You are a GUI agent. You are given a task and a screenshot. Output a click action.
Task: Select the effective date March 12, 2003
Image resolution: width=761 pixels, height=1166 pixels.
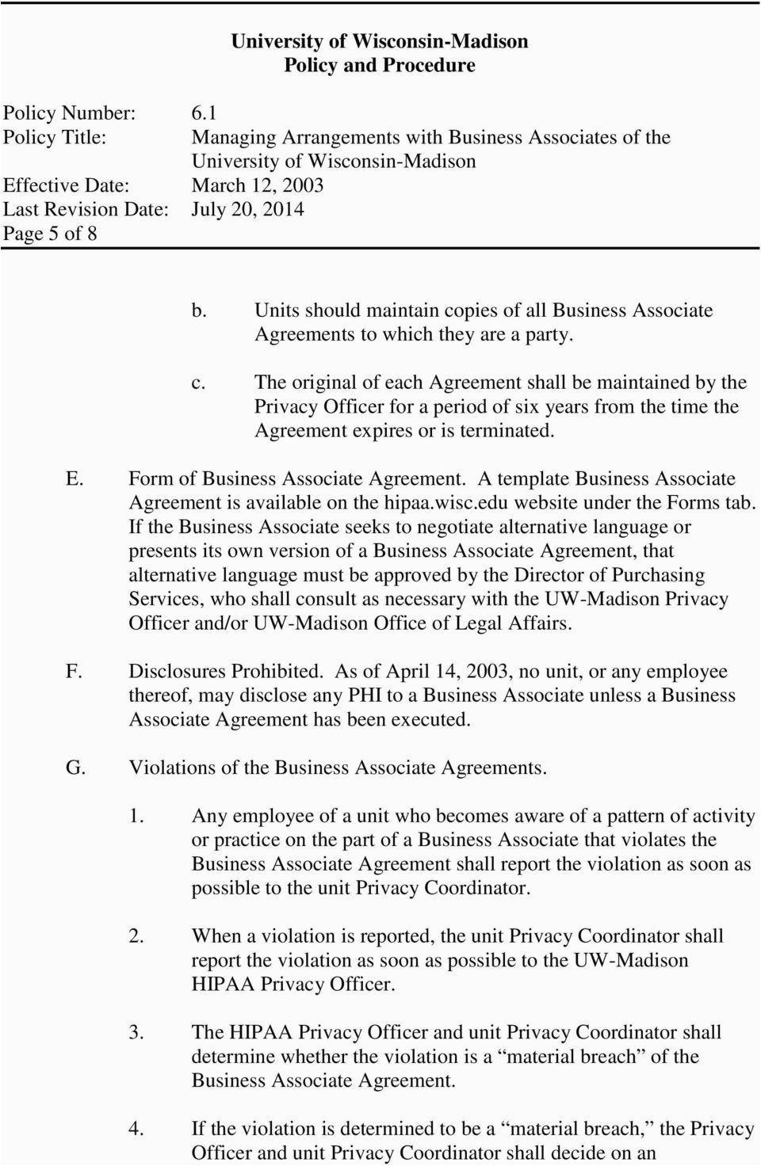(x=258, y=185)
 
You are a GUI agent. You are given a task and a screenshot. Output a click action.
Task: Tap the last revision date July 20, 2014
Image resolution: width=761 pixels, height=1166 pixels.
(x=248, y=209)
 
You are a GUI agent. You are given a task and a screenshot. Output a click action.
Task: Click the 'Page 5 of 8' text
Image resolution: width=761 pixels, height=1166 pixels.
(x=50, y=234)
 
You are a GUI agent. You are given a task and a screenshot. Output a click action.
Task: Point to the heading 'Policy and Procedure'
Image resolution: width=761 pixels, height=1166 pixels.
(x=380, y=65)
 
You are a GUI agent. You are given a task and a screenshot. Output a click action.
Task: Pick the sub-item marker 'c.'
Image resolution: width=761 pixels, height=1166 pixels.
(x=199, y=383)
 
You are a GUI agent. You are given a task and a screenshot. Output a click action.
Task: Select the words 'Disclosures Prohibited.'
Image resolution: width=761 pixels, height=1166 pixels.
(x=227, y=672)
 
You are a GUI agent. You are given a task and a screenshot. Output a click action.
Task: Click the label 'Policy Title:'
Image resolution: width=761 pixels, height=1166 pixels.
(x=55, y=137)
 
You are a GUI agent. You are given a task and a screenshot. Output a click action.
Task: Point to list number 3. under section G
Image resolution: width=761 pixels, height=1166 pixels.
(x=136, y=1033)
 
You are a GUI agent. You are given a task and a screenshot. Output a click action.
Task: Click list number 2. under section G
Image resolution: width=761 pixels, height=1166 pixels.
(x=136, y=936)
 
